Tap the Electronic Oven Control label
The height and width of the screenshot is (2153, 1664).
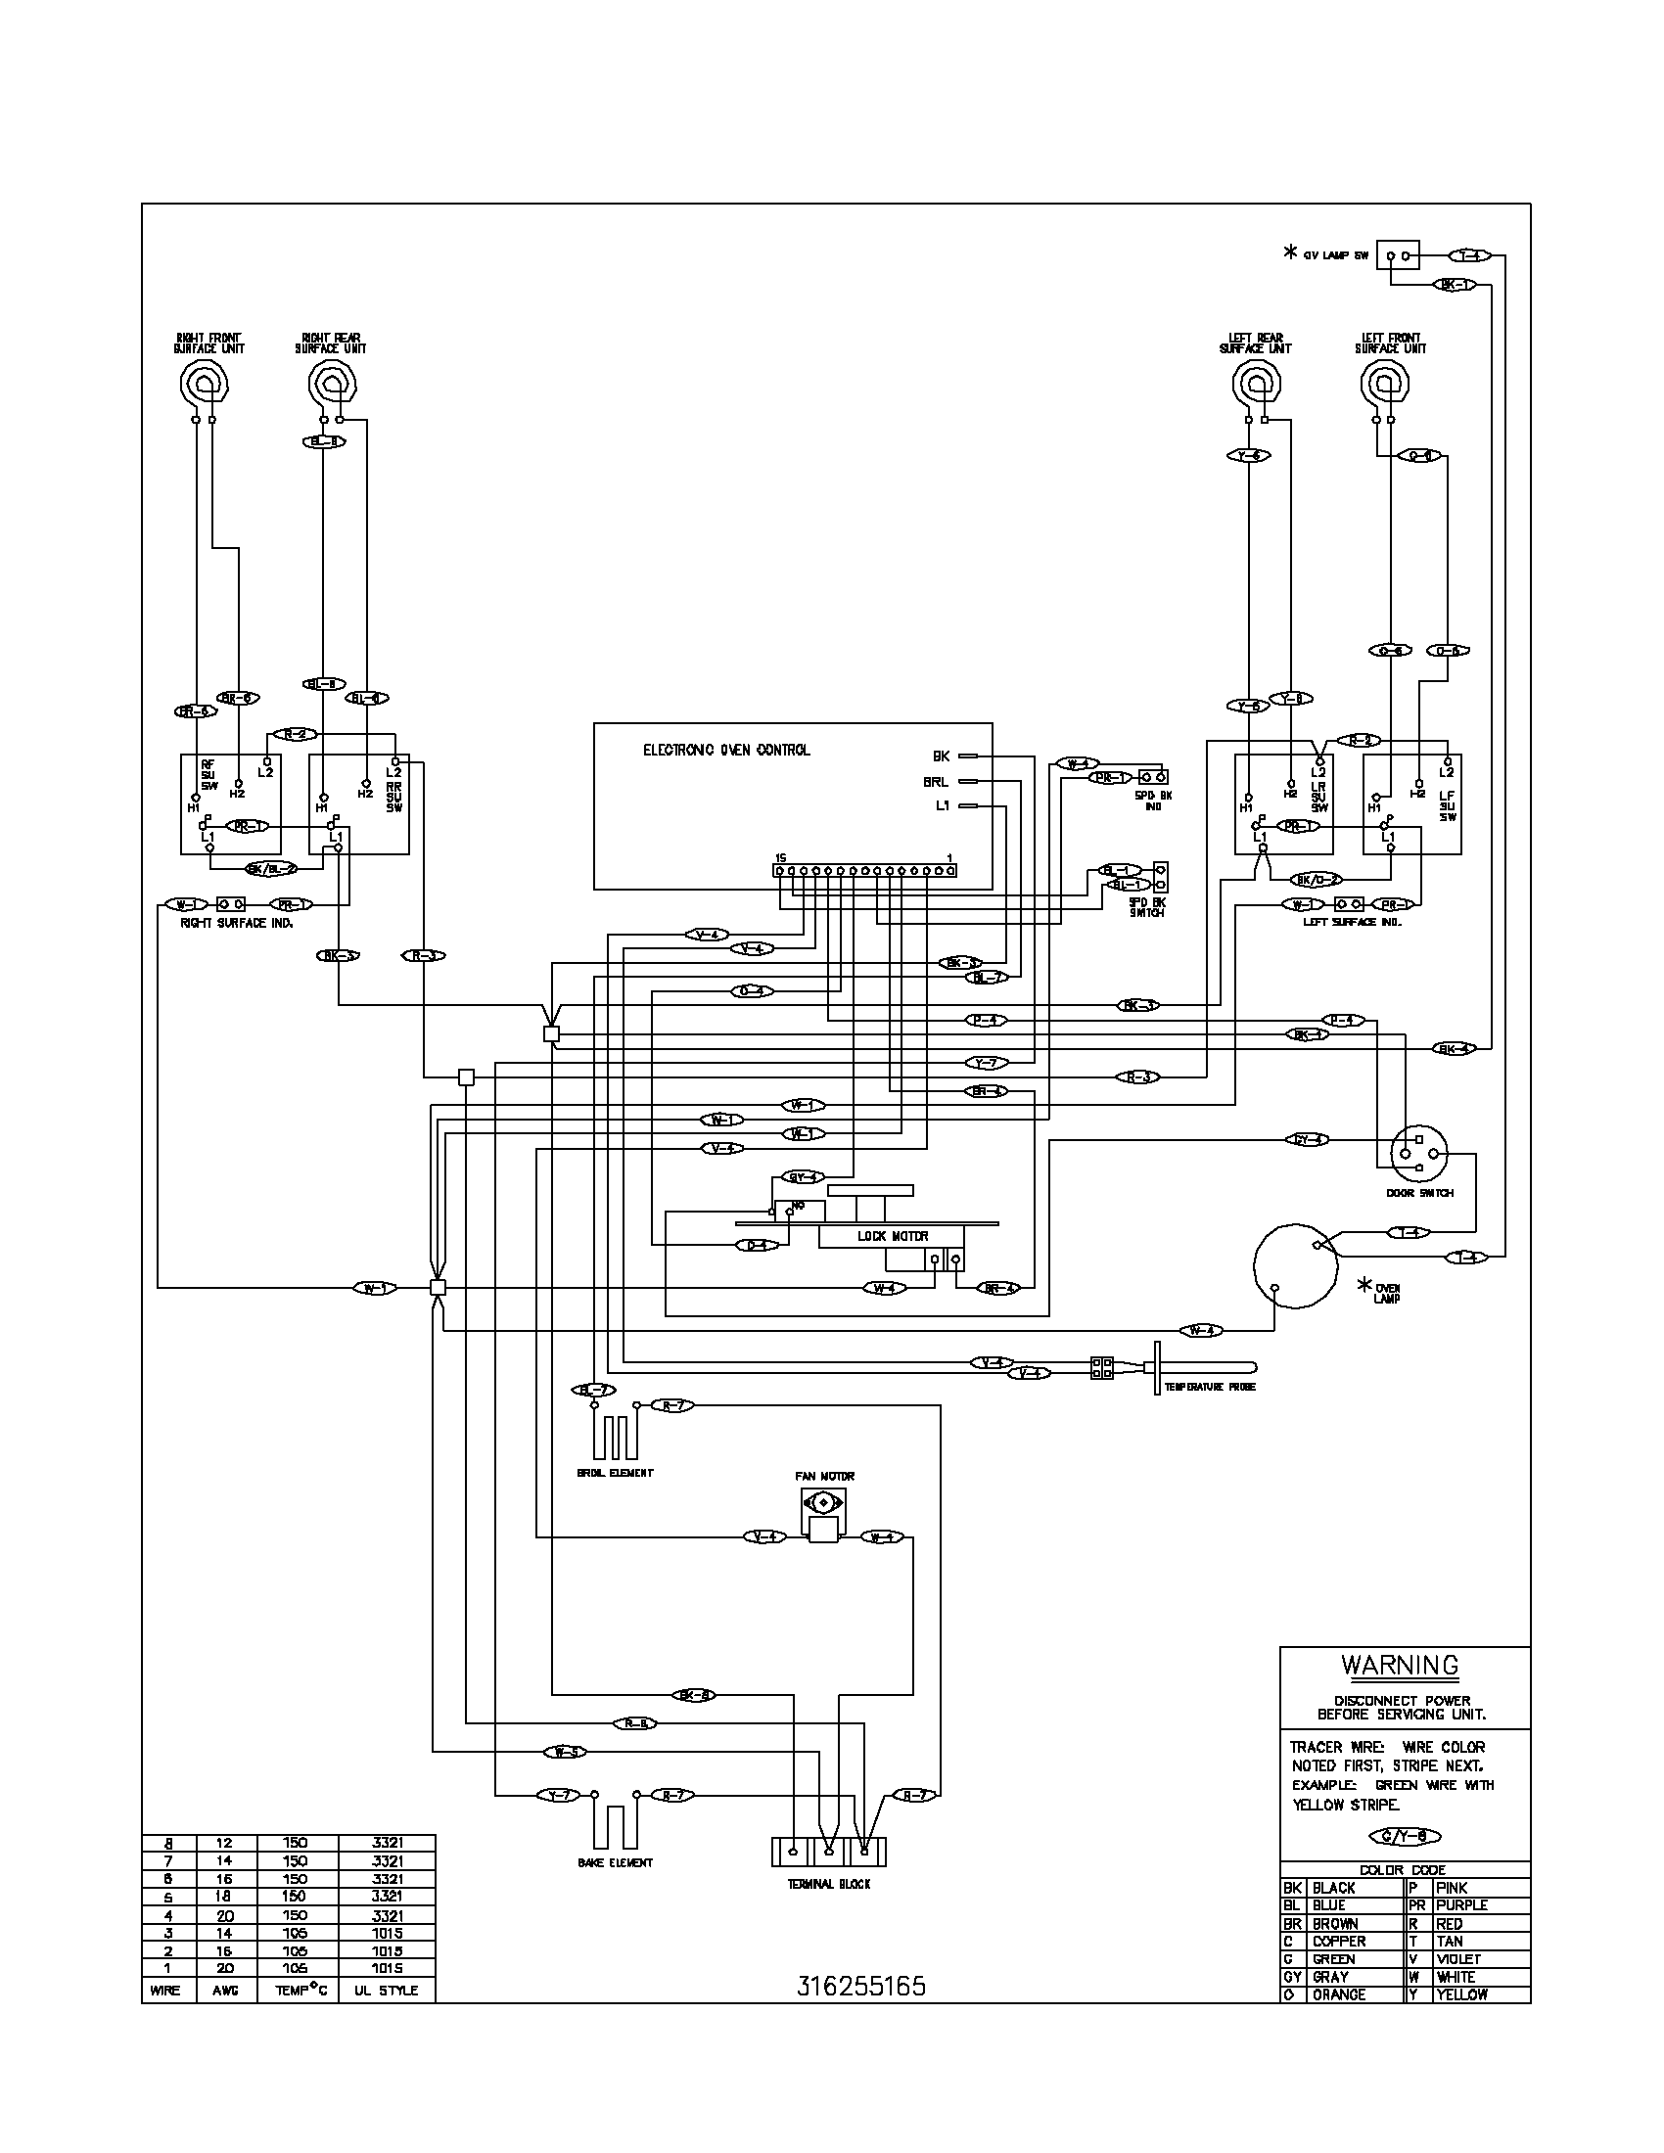click(x=726, y=751)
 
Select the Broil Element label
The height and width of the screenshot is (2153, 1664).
click(x=615, y=1473)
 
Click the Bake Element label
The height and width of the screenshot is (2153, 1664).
click(x=615, y=1862)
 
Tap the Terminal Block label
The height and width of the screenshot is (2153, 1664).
click(x=828, y=1884)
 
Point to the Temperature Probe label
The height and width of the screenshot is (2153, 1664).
click(x=1210, y=1386)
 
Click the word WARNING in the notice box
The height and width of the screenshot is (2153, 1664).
click(x=1399, y=1665)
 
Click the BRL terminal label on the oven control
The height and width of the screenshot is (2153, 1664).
click(x=936, y=782)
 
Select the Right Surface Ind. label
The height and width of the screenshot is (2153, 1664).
click(x=236, y=924)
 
